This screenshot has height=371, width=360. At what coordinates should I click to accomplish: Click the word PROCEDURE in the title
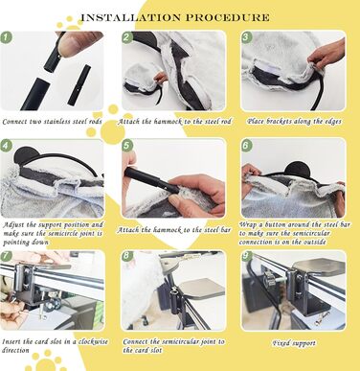[228, 17]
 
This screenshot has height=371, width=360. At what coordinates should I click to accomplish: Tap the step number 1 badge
[6, 37]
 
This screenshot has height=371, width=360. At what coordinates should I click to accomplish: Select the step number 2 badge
[127, 37]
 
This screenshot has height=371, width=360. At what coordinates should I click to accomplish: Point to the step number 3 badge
[246, 37]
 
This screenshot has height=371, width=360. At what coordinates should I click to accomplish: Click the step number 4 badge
[6, 146]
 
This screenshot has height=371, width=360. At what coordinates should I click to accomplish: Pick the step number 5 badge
[127, 146]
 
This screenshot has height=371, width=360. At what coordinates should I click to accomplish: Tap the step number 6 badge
[246, 146]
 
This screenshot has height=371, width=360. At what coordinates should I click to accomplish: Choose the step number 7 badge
[6, 256]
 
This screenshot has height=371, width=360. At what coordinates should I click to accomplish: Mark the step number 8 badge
[127, 256]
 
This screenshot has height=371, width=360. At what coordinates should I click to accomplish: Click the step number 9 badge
[246, 256]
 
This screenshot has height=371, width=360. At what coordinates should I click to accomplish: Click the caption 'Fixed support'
[294, 343]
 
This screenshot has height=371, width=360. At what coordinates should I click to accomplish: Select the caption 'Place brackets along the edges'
[294, 122]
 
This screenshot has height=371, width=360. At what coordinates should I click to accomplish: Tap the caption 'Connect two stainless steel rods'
[52, 122]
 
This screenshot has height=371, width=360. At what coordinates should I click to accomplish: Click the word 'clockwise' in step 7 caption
[93, 341]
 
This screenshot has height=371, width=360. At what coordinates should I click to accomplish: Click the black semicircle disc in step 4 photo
[27, 154]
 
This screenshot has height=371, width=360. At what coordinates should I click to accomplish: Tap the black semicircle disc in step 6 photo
[299, 169]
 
